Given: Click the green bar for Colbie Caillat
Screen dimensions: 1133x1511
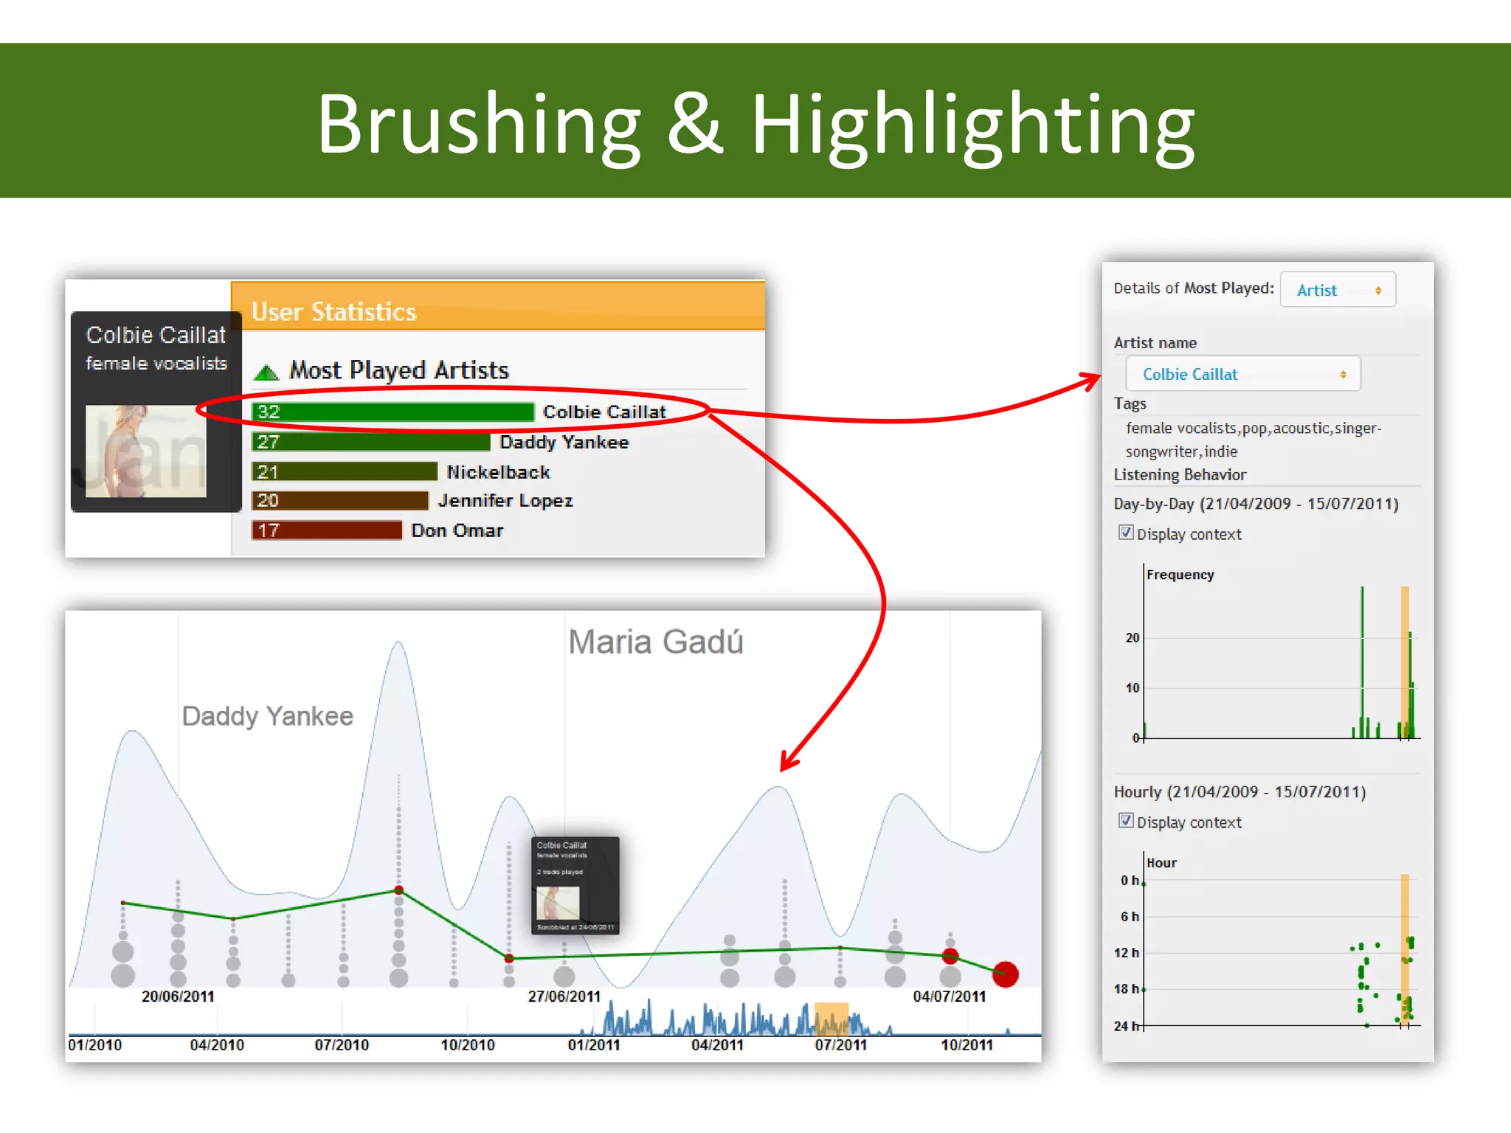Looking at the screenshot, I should [393, 412].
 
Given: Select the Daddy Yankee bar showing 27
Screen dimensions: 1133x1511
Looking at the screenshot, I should [370, 442].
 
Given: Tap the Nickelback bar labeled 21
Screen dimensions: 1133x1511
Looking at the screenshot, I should [345, 472].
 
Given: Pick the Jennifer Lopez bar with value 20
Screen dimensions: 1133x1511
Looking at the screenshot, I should [339, 501].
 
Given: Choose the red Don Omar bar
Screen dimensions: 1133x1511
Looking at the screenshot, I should [327, 530].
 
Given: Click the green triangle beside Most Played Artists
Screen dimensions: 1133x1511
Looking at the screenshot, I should [266, 373].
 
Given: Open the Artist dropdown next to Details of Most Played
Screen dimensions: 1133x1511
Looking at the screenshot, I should [1337, 290].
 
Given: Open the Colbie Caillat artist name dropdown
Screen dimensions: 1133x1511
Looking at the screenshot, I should [1242, 375].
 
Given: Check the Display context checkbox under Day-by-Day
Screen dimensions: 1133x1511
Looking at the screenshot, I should [1126, 533].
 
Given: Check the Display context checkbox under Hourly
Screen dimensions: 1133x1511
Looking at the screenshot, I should [1126, 821].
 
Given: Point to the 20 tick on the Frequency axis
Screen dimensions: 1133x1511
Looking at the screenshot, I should [1133, 638].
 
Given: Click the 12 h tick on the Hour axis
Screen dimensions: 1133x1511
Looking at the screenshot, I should [1127, 953].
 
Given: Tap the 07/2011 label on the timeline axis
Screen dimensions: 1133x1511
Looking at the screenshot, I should [840, 1045].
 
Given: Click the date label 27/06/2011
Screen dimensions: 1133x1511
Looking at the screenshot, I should [564, 997].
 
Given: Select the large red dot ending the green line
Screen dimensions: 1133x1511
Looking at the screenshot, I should [1005, 974].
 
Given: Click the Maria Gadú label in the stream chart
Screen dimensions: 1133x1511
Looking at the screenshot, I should [655, 642].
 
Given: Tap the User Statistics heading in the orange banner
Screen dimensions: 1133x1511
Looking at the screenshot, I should [333, 312].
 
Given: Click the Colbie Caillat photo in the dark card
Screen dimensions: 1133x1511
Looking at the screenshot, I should [146, 451].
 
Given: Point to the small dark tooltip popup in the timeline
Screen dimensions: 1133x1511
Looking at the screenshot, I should [575, 885].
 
